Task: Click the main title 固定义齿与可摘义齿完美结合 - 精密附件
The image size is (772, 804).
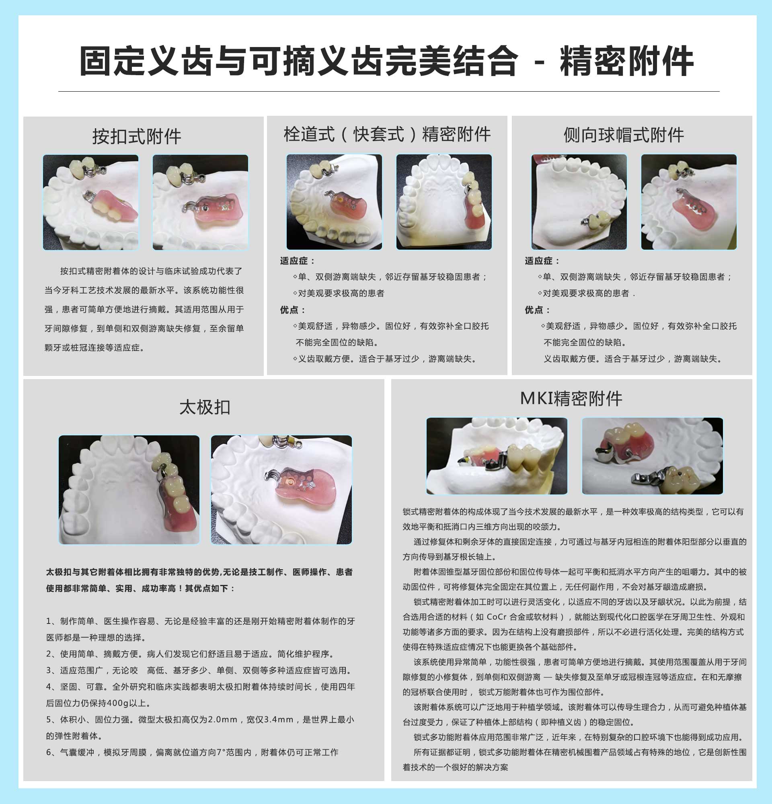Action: (x=386, y=61)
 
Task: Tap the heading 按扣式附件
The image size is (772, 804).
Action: (x=137, y=137)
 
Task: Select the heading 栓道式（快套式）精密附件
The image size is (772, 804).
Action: (x=387, y=134)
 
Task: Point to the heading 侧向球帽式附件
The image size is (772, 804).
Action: (x=624, y=135)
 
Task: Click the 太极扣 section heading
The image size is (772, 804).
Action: (x=205, y=407)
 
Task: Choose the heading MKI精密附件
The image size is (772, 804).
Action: (x=571, y=398)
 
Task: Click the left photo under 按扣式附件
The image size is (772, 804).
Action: (x=90, y=202)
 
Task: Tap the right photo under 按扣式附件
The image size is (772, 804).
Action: (x=201, y=202)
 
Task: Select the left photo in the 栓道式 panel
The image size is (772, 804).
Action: (x=334, y=202)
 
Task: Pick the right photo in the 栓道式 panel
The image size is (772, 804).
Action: (x=444, y=202)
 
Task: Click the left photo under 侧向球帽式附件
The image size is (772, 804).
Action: (x=579, y=202)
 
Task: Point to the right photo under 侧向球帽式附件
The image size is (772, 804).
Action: (x=689, y=202)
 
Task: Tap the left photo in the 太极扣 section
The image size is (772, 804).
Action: (x=129, y=490)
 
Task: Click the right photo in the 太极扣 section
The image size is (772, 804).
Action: (x=281, y=490)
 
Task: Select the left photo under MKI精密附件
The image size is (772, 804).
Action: (x=497, y=456)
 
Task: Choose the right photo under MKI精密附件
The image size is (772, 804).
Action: (x=653, y=456)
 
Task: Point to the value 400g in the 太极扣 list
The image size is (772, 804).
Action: (x=118, y=703)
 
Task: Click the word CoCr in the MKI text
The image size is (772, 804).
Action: (x=497, y=617)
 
